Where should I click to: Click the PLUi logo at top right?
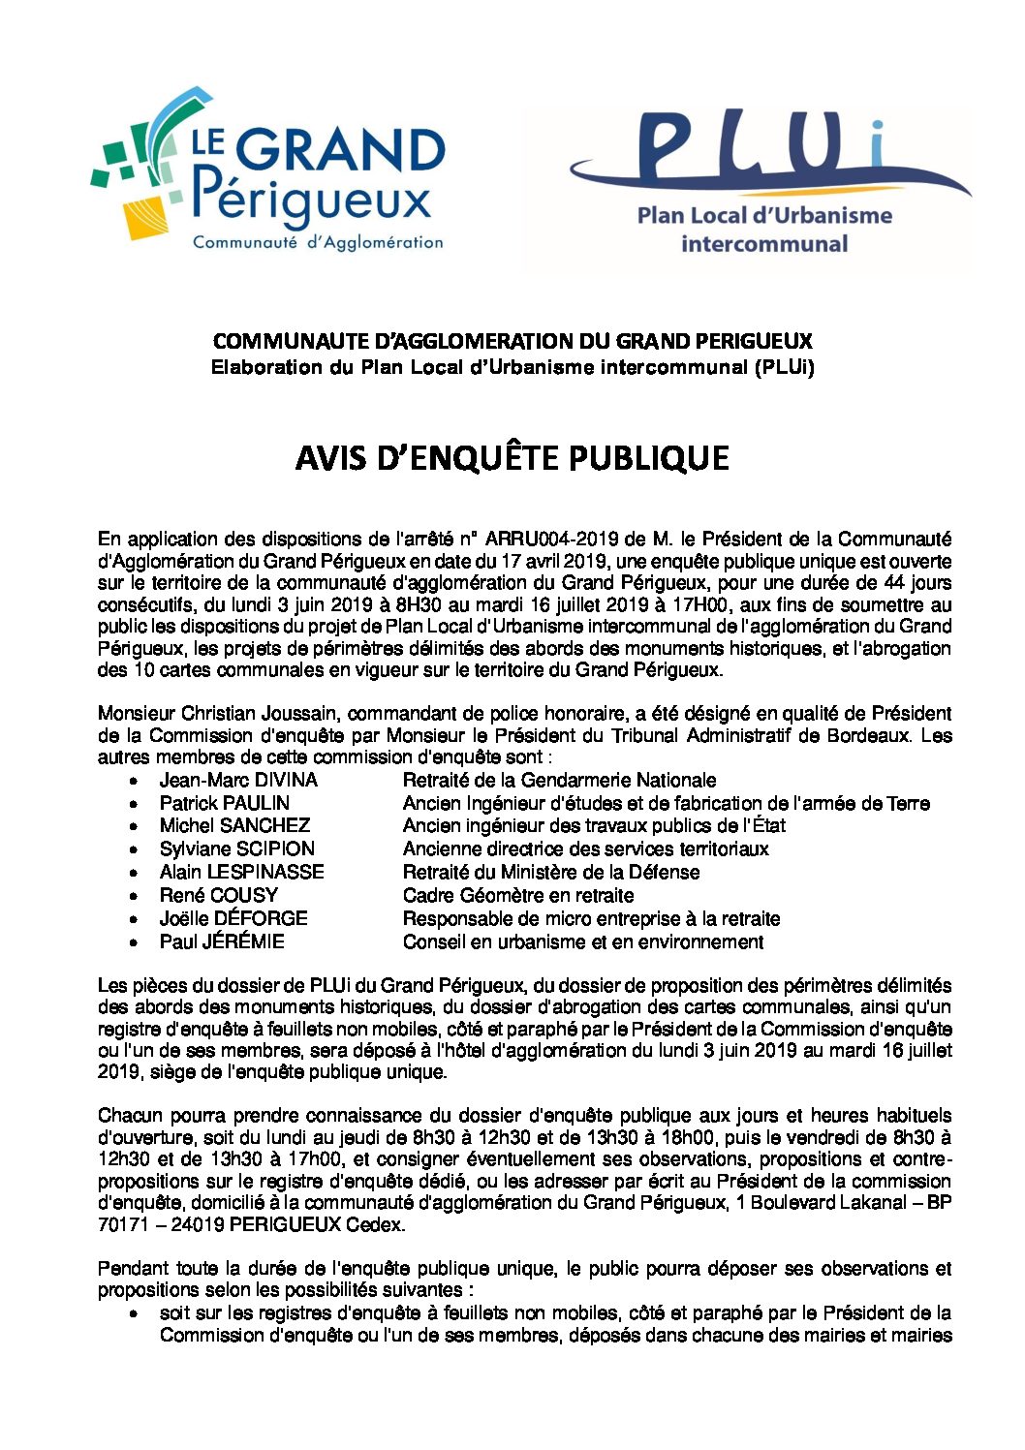(765, 184)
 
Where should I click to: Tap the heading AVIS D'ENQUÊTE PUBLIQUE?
(512, 458)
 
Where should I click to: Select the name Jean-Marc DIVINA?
(238, 780)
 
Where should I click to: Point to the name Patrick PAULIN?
(225, 803)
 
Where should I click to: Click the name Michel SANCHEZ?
(234, 825)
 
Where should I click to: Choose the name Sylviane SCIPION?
(237, 848)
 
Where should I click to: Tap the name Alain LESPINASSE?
(242, 872)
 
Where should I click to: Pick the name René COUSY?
(219, 895)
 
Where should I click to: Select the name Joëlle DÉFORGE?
(233, 918)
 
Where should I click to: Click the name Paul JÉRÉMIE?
(222, 941)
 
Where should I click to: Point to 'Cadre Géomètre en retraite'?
(518, 895)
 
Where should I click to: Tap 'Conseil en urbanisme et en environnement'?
(583, 941)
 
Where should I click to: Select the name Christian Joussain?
(260, 714)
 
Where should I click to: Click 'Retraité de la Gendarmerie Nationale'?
(560, 780)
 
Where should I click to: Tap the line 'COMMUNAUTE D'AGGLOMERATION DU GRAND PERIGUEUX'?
(512, 341)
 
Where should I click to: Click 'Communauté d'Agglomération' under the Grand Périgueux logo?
(318, 242)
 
